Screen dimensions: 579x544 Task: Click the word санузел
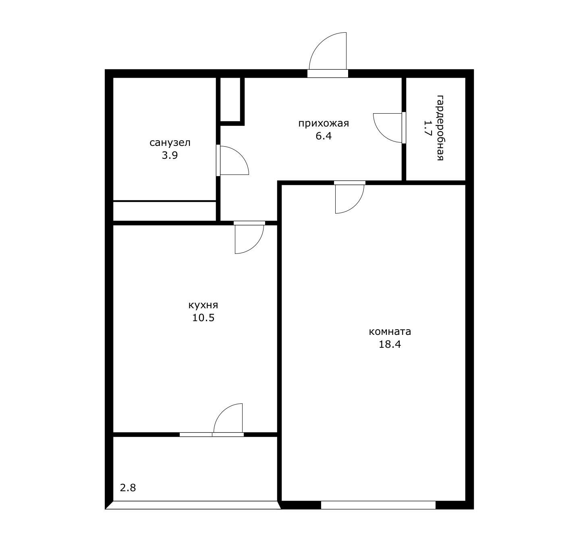tap(170, 143)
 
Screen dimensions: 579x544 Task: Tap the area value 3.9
tap(170, 156)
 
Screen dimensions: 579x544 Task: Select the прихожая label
tap(324, 124)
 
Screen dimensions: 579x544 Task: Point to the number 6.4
tap(324, 136)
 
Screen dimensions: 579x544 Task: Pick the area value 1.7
tap(428, 128)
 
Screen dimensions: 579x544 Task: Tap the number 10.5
tap(203, 318)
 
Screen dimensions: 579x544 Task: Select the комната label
tap(390, 332)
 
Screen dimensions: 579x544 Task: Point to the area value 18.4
tap(390, 345)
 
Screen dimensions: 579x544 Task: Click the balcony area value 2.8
tap(128, 488)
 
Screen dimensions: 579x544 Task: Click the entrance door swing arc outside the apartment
tap(320, 43)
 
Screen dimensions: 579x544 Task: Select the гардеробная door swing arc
tap(381, 134)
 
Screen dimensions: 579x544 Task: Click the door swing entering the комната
tap(356, 205)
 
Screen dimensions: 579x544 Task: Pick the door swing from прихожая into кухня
tap(255, 245)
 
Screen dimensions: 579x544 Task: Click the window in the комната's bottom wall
tap(378, 505)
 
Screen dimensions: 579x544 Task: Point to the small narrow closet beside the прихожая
tap(230, 99)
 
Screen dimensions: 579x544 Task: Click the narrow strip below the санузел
tap(164, 211)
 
